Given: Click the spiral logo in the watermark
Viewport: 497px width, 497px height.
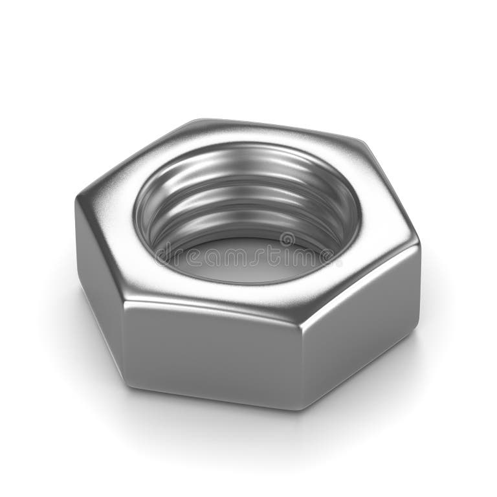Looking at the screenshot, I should coord(287,240).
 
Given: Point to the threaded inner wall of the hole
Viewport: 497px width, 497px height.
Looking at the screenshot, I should coord(246,194).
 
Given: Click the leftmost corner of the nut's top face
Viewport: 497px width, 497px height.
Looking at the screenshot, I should coord(79,198).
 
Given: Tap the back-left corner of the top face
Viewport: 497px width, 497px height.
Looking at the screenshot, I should coord(194,122).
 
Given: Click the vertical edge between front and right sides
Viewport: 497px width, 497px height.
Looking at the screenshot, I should coord(302,362).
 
